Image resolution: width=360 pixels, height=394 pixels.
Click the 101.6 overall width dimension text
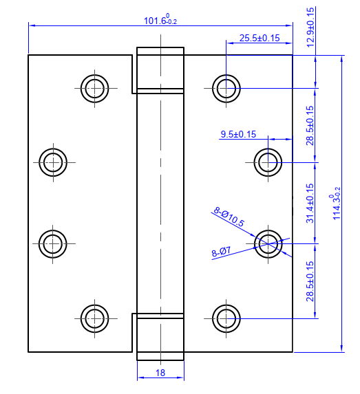[x=160, y=19]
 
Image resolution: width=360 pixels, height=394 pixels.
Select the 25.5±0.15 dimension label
[x=260, y=38]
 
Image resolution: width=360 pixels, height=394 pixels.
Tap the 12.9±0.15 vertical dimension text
[x=310, y=27]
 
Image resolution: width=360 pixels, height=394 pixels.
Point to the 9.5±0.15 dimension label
[x=238, y=134]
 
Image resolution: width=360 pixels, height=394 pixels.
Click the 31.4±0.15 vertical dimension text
[x=310, y=203]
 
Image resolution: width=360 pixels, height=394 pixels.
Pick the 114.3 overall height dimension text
[x=335, y=204]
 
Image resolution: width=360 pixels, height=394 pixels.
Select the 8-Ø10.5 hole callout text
[x=229, y=217]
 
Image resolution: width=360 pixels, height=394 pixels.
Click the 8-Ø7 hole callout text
[x=221, y=252]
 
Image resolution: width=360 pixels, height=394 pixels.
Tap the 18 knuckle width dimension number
[x=160, y=373]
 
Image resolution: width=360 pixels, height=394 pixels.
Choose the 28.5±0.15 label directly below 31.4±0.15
[x=310, y=281]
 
